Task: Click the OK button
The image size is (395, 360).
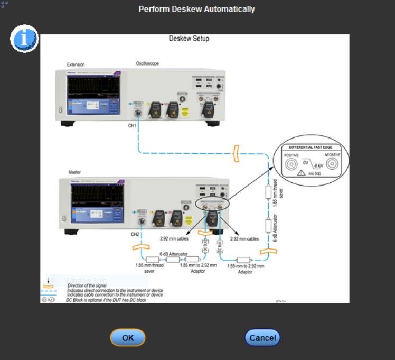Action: pos(127,337)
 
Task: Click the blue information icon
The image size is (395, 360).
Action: pos(24,39)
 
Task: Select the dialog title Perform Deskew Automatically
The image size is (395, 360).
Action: pos(196,9)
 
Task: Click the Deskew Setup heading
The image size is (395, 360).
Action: pos(189,39)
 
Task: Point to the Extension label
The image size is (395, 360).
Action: pos(76,64)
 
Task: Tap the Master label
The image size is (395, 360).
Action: pos(74,172)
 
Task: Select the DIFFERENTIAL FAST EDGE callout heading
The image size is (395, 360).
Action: pos(312,147)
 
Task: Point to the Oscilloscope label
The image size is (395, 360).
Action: pos(147,63)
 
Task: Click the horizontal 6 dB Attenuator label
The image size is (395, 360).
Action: pos(174,254)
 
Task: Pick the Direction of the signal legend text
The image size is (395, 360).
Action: pos(87,285)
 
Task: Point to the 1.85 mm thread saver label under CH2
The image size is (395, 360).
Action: pos(149,268)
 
